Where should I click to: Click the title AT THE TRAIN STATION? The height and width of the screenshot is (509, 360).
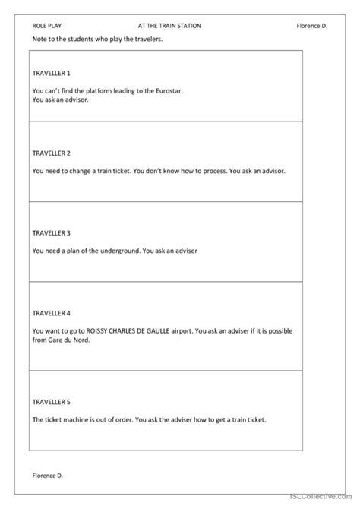pos(169,25)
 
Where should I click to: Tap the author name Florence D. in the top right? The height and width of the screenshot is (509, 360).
pos(311,25)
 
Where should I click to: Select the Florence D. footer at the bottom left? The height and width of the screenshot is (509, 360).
pos(48,476)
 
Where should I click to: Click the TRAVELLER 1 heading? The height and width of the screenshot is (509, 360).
pos(52,73)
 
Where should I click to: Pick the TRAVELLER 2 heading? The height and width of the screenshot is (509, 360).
pos(52,153)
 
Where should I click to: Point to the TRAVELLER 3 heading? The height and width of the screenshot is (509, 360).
pos(52,232)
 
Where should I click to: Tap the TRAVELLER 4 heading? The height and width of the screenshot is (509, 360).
pos(52,312)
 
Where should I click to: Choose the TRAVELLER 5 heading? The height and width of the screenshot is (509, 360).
pos(52,400)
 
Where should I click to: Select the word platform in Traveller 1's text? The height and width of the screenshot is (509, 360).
pos(101,90)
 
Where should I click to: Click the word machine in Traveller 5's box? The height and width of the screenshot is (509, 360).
pos(74,419)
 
